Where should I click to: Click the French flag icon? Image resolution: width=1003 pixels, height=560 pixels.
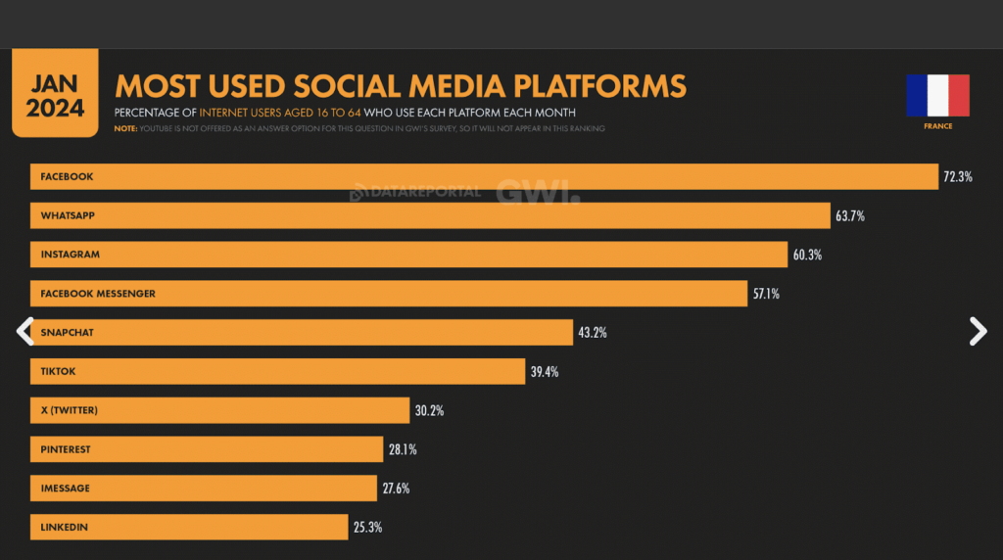click(937, 95)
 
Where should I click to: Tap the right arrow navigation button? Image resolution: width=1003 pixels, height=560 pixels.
click(978, 332)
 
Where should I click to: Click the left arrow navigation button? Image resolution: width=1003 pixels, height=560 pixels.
click(25, 332)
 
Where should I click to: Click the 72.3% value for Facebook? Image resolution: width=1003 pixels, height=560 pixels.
click(958, 176)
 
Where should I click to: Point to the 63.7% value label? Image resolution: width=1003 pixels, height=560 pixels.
click(850, 215)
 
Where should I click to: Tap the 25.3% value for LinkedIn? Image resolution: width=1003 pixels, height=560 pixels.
click(367, 528)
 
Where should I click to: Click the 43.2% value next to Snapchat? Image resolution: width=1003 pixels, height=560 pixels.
click(593, 333)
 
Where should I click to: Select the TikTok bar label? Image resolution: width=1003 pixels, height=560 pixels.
click(59, 372)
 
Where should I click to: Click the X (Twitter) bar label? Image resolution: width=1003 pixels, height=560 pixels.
click(69, 410)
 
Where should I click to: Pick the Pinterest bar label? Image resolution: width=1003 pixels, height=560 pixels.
click(66, 449)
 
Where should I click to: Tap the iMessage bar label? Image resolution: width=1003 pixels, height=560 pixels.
click(65, 489)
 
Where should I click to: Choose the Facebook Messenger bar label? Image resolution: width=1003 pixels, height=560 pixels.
click(98, 294)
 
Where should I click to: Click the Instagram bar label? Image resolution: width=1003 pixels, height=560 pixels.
click(71, 255)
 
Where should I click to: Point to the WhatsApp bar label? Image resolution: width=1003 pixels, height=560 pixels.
click(68, 215)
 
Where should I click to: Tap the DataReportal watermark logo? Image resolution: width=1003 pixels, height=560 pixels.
click(416, 192)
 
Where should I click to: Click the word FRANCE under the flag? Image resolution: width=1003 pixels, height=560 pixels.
click(937, 126)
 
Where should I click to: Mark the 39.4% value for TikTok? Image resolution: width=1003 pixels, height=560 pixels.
click(546, 372)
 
